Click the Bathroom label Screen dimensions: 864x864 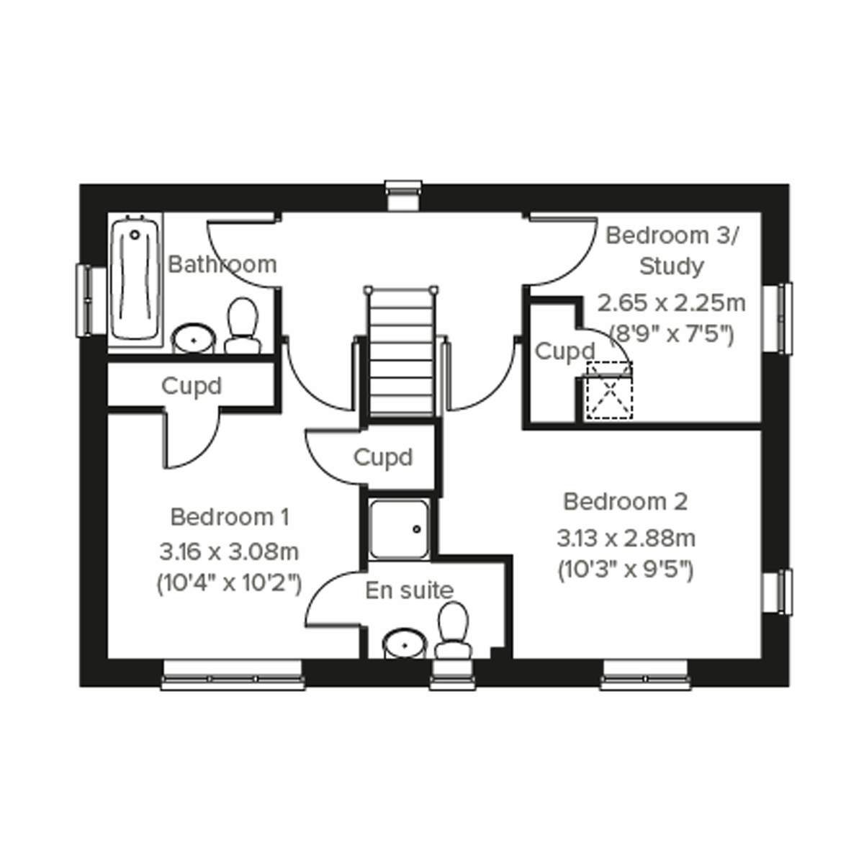point(222,264)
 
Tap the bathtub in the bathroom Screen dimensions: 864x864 point(135,279)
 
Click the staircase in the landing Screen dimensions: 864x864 point(402,353)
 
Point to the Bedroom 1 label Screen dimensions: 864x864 point(230,517)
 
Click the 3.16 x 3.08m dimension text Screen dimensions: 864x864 point(229,552)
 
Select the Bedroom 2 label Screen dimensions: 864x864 point(625,501)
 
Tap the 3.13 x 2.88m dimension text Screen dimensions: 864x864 point(626,537)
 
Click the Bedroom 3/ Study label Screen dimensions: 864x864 point(672,251)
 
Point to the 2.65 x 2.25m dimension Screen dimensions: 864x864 point(671,303)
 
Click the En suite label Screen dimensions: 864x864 point(409,590)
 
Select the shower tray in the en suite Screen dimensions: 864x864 point(399,530)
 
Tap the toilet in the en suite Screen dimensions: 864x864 point(453,630)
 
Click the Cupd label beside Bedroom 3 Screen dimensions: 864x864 point(565,351)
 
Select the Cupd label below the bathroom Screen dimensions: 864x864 point(192,386)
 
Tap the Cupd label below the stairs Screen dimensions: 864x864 point(383,457)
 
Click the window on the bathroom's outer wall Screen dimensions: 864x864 point(86,300)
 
